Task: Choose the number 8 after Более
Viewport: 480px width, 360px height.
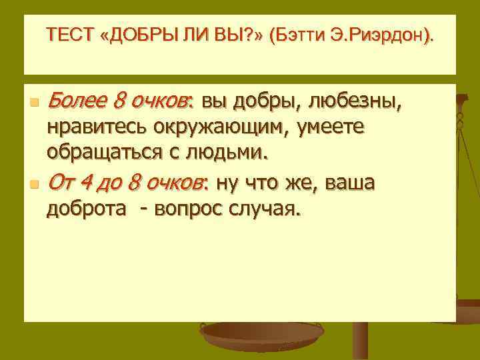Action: pos(119,102)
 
